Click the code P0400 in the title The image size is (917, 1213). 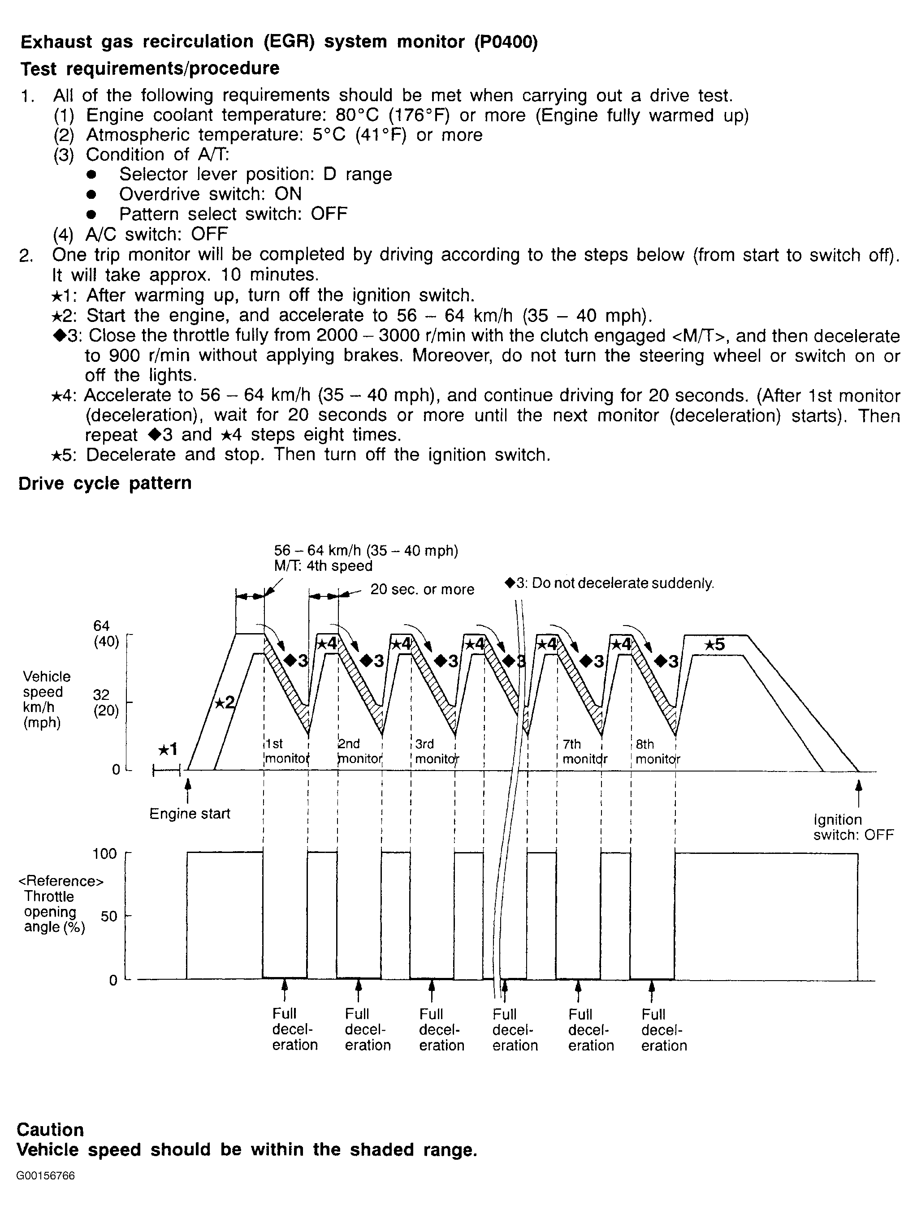[506, 42]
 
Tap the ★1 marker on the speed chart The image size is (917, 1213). [167, 749]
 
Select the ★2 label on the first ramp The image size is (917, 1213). [224, 703]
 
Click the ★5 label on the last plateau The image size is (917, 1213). [714, 645]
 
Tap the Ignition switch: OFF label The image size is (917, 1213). [853, 827]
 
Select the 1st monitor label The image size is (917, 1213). [286, 751]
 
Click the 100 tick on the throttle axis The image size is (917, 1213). [105, 853]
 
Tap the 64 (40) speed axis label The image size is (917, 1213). [105, 634]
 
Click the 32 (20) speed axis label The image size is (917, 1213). [105, 703]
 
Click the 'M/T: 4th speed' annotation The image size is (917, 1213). [323, 566]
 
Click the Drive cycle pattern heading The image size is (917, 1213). [105, 483]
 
